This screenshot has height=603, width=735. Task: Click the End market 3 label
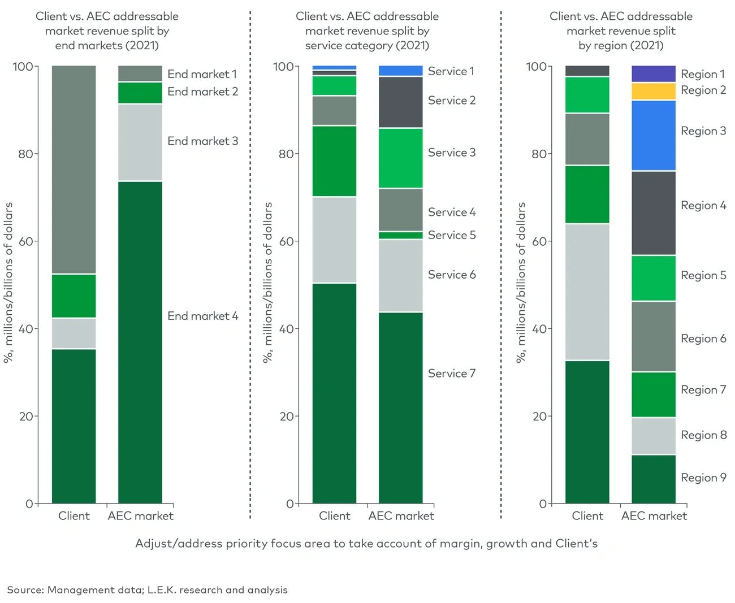[x=202, y=141]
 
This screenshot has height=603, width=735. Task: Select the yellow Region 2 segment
[x=653, y=91]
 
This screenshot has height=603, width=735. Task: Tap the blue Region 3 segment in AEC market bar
[x=653, y=135]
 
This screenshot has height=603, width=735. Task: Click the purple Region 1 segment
[x=653, y=73]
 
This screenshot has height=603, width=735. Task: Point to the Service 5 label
[x=451, y=235]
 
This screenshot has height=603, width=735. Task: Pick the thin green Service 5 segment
[x=400, y=235]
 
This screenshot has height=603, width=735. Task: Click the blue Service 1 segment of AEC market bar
[x=400, y=71]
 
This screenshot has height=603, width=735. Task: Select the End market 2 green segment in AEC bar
[x=140, y=93]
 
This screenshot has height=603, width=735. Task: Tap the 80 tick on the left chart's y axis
[x=25, y=154]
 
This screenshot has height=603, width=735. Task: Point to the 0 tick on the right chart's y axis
[x=542, y=504]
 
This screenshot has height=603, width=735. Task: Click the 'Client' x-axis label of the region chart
[x=587, y=516]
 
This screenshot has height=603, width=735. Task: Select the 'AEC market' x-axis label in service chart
[x=401, y=516]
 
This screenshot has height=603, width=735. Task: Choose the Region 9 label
[x=703, y=478]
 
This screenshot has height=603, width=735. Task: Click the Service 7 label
[x=451, y=374]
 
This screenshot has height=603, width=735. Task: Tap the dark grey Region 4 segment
[x=653, y=212]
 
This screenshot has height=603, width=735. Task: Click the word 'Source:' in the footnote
[x=25, y=590]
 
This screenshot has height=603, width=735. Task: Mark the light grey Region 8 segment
[x=653, y=436]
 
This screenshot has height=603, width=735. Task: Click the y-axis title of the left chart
[x=8, y=283]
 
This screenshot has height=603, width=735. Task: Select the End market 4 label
[x=202, y=316]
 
